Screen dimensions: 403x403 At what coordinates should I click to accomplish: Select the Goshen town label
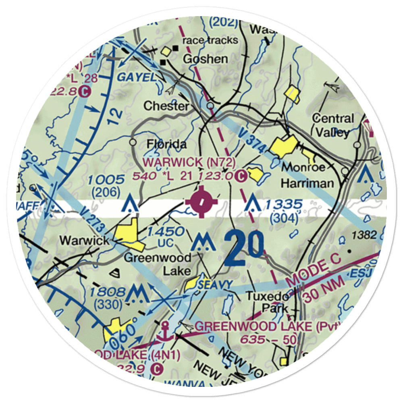(205, 59)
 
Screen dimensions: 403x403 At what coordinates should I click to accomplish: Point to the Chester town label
(166, 106)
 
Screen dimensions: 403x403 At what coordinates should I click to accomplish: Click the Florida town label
(166, 144)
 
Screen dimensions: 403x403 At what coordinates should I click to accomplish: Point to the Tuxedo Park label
(268, 302)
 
